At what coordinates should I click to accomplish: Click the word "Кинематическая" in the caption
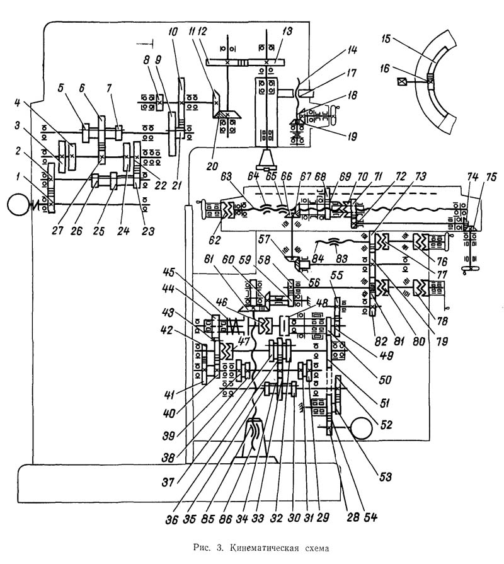coord(258,548)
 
